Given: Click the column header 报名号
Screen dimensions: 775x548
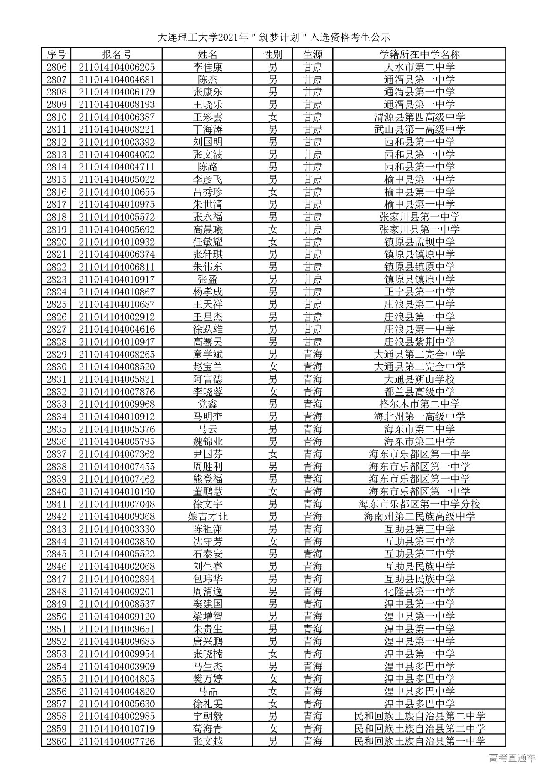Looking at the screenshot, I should [116, 54].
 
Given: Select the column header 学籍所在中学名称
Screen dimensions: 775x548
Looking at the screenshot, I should [419, 54].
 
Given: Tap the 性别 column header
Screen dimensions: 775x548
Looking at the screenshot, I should [272, 54].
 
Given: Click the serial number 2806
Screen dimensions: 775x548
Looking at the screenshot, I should [57, 67].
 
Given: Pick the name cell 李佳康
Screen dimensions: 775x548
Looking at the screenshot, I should [208, 67].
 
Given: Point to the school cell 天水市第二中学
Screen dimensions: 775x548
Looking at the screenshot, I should [419, 67].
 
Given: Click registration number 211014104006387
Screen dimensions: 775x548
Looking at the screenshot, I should [116, 117].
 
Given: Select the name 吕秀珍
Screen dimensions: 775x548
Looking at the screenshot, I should [208, 192].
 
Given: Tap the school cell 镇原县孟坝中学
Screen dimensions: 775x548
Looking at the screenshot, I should [419, 242].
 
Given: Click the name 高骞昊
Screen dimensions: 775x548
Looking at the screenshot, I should [208, 342].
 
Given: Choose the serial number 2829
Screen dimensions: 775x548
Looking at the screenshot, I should [57, 354].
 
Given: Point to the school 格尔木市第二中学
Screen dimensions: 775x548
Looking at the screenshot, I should [419, 404].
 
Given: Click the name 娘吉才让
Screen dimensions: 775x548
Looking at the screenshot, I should [208, 516].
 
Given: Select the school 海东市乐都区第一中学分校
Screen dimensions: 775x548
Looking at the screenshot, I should [419, 504].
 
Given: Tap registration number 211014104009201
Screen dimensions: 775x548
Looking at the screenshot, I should [116, 591].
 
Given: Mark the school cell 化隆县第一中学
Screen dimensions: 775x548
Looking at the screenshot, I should [419, 591].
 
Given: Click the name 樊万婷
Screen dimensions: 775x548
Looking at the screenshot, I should [208, 679].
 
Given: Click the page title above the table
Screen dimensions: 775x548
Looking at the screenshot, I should [274, 37].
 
